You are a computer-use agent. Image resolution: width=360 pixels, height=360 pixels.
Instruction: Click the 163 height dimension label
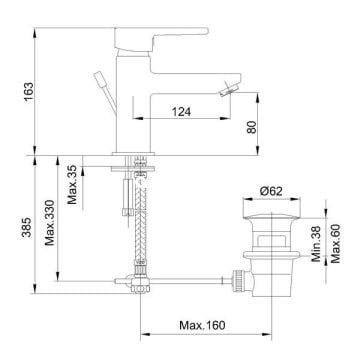pos(29,92)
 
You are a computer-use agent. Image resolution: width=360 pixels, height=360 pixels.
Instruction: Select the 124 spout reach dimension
pos(181,112)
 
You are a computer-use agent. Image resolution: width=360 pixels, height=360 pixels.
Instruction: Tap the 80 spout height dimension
pos(252,127)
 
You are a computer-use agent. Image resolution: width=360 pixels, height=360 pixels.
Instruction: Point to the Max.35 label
pos(72,185)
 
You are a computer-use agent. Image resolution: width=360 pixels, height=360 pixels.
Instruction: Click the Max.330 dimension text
pos(50,222)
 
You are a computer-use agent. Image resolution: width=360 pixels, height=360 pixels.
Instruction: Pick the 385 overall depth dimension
pos(26,227)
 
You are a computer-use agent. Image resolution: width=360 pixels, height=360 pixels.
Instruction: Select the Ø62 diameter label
pos(271,191)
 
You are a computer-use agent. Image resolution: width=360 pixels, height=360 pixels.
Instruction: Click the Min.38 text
pos(316,244)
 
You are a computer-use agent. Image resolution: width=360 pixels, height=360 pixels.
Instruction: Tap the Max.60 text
pos(335,243)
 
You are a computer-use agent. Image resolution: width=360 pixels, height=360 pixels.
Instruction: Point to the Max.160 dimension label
pos(202,325)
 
